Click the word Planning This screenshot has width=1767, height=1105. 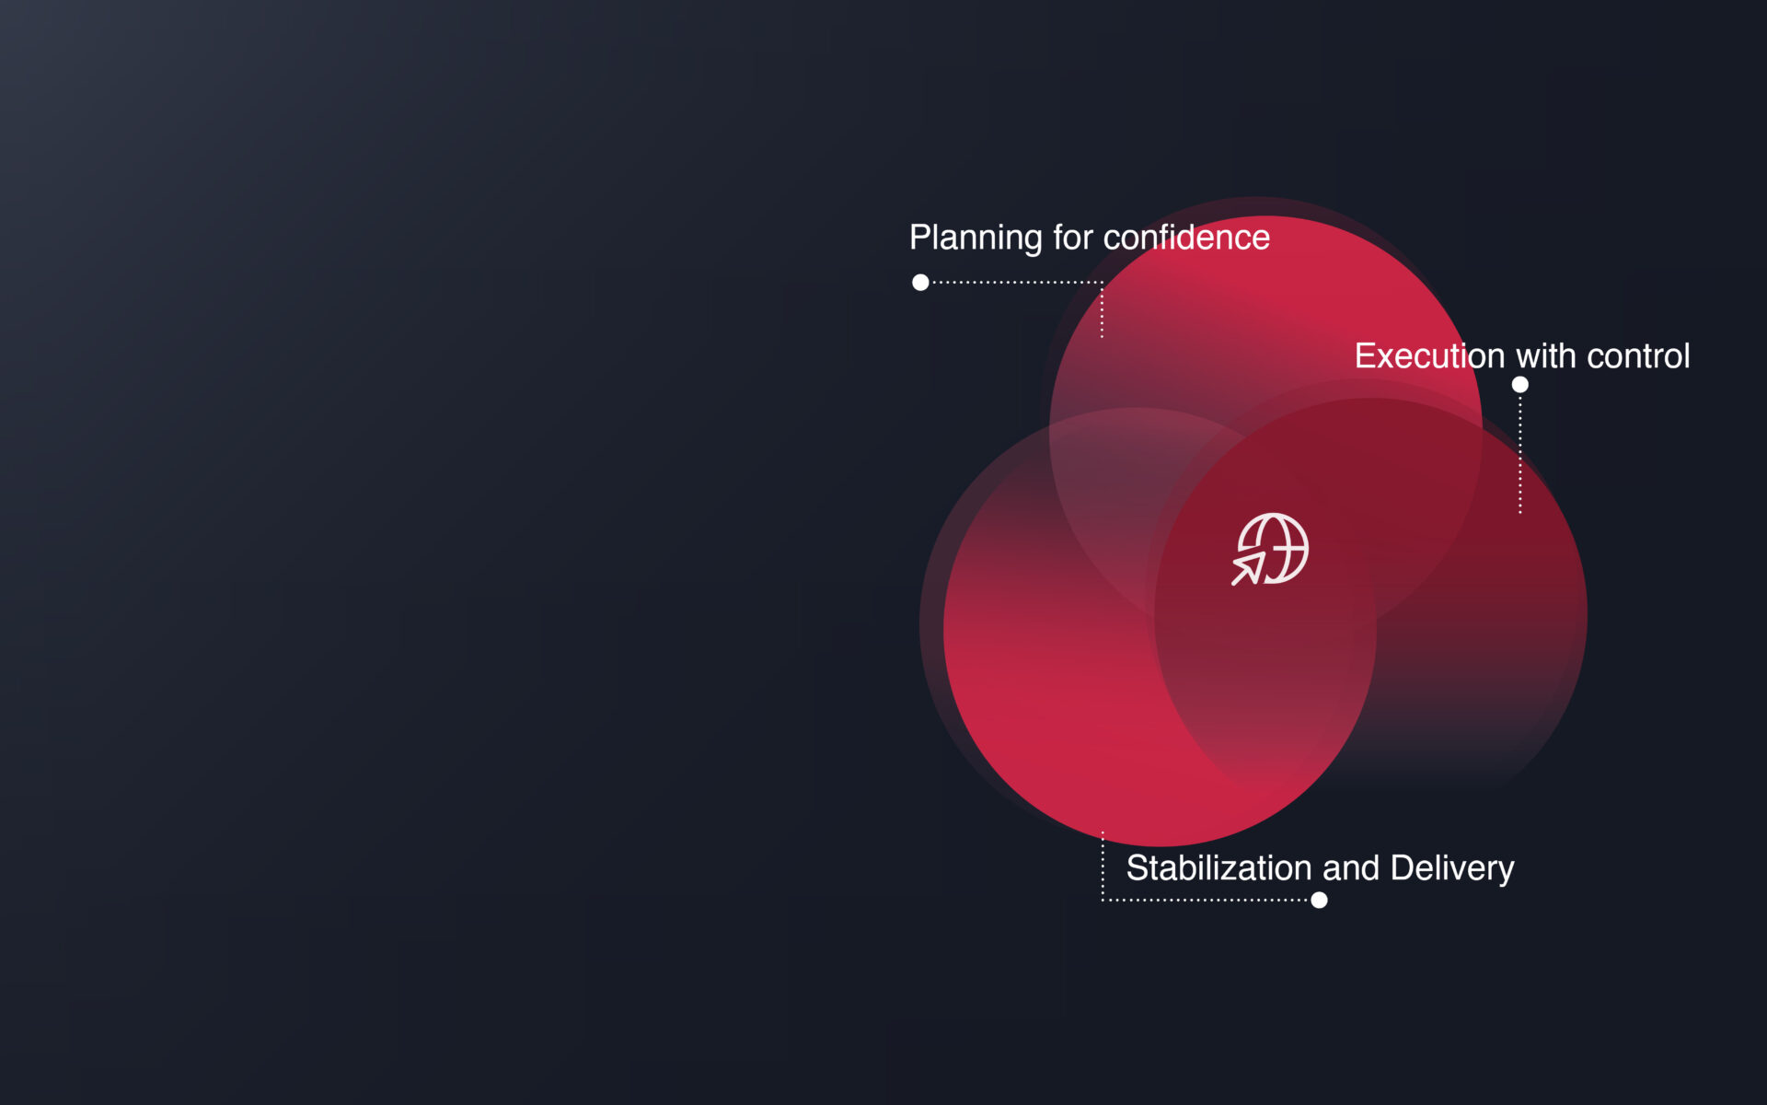(x=976, y=238)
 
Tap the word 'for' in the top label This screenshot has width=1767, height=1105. (x=1073, y=238)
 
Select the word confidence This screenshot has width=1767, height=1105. (x=1186, y=238)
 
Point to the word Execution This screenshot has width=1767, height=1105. (x=1429, y=356)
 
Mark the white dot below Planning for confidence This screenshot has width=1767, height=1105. (x=920, y=283)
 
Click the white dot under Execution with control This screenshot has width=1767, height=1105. (x=1520, y=385)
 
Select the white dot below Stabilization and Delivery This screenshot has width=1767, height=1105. (x=1319, y=901)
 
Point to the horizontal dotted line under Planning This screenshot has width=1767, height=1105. (x=1017, y=283)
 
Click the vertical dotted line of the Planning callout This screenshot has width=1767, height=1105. (x=1102, y=310)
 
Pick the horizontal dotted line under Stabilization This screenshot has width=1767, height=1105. (x=1206, y=900)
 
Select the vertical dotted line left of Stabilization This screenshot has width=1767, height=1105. (x=1103, y=866)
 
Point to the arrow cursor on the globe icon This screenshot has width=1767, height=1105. (x=1248, y=569)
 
